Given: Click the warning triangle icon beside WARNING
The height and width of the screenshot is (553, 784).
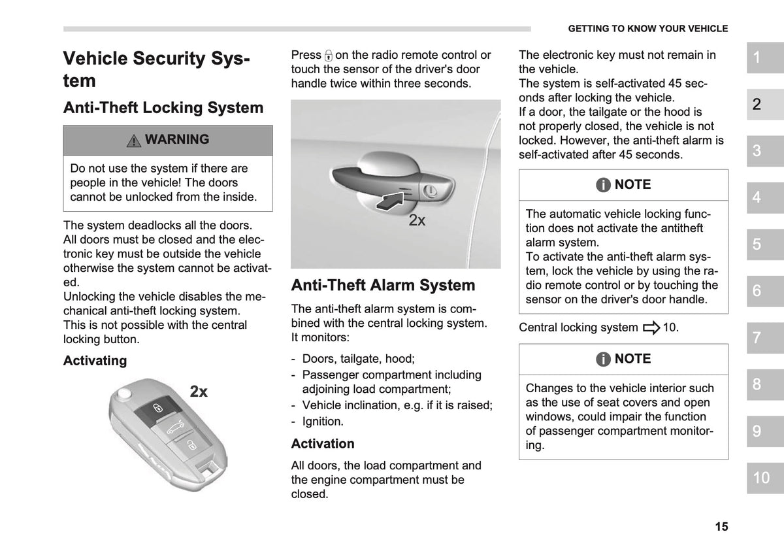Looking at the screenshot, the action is tap(134, 141).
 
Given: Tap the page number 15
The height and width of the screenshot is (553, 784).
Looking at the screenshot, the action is tap(721, 526).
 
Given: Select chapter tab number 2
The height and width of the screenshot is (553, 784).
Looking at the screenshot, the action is tap(765, 105).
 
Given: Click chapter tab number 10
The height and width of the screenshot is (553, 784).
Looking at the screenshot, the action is tap(765, 478).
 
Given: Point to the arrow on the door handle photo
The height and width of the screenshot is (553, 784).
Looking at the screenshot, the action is tap(390, 201).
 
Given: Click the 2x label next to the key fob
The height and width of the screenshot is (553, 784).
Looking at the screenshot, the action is tap(199, 391).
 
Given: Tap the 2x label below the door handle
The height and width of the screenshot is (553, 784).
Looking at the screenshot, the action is tap(417, 220).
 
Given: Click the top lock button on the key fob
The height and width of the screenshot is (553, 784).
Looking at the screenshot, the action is tap(158, 409).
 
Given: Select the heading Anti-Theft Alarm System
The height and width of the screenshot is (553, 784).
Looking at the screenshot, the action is tap(383, 285).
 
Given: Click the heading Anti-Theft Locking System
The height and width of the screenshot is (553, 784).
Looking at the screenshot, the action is tap(163, 107).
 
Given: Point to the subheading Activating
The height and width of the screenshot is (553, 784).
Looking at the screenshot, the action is tap(95, 360).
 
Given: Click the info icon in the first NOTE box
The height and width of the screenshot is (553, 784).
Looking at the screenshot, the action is tap(603, 184).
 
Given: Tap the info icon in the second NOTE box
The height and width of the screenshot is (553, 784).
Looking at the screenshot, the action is tap(603, 359).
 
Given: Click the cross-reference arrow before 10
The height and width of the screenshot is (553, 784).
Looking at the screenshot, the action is tap(651, 327).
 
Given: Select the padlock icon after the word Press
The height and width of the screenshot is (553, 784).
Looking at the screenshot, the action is tap(328, 56).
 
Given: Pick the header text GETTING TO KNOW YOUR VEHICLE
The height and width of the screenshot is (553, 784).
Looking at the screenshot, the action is tap(648, 29).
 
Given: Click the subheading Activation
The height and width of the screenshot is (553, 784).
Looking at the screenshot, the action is tap(323, 444).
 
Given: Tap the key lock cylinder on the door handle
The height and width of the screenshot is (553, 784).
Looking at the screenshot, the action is tap(430, 191).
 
